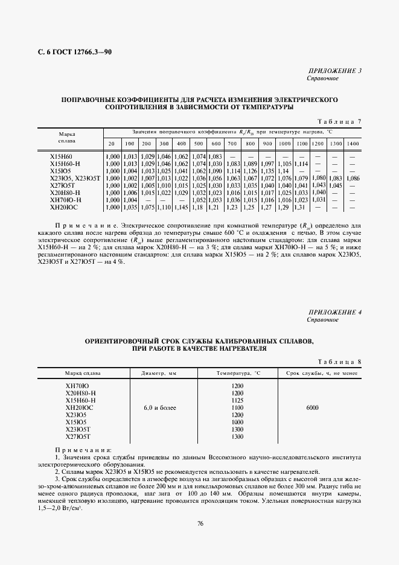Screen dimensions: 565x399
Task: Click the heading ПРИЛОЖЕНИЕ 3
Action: click(x=334, y=71)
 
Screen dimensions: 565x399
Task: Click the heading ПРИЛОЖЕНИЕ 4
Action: click(x=334, y=311)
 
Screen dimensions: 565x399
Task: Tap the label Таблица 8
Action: click(x=339, y=362)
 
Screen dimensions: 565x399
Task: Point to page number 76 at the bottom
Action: click(x=200, y=523)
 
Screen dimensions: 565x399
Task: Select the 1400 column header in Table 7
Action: click(x=354, y=143)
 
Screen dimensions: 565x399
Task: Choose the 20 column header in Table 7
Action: click(x=112, y=143)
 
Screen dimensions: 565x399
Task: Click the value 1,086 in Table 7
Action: click(x=354, y=178)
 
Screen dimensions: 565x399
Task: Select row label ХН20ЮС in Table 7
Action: click(x=65, y=207)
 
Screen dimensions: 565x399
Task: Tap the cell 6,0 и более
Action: click(x=160, y=408)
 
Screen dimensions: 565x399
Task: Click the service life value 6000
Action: click(x=312, y=408)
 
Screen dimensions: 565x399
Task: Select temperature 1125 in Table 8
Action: click(x=237, y=400)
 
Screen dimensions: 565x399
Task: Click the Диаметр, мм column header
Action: click(x=160, y=374)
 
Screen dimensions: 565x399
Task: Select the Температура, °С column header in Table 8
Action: click(x=237, y=374)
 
